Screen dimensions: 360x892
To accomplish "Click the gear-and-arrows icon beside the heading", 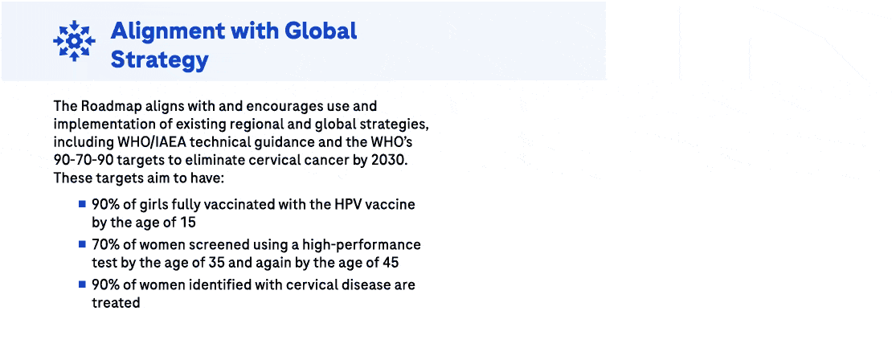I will (74, 40).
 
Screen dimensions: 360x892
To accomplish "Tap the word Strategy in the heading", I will (160, 59).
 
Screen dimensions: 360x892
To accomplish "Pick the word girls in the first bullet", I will (157, 204).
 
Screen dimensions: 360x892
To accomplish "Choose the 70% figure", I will (105, 244).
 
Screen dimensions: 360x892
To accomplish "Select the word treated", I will (116, 302).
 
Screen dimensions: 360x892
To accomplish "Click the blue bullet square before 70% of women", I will (82, 243).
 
